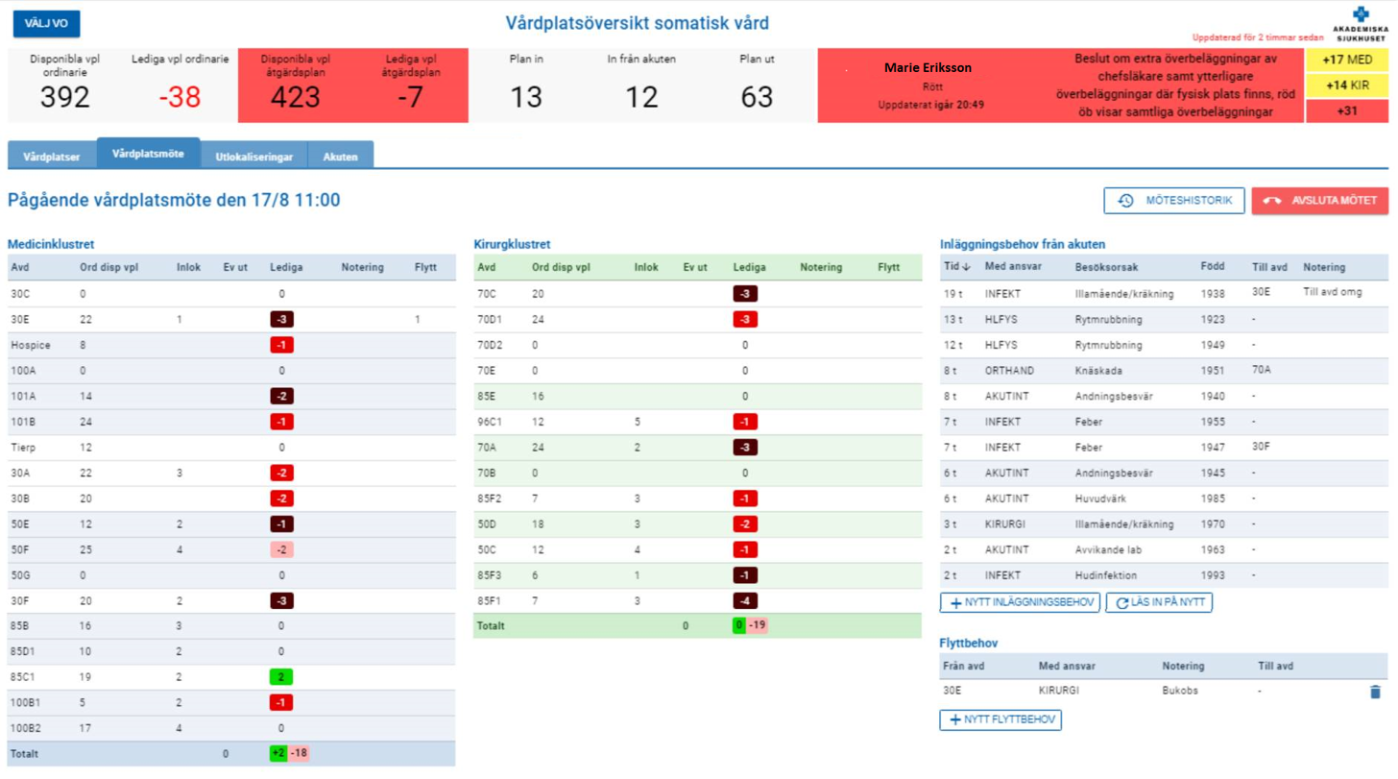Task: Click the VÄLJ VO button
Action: (x=46, y=24)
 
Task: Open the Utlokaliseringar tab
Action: (x=253, y=157)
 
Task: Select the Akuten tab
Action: (x=341, y=157)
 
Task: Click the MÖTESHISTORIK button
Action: (x=1174, y=201)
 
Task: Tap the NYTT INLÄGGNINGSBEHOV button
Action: (x=1019, y=602)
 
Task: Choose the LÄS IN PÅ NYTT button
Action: (x=1159, y=602)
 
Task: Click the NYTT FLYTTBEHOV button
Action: (x=1000, y=719)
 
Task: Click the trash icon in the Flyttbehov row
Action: (x=1375, y=692)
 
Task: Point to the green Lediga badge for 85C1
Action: (x=281, y=676)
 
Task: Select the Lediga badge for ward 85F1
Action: (x=744, y=601)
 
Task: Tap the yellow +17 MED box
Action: (x=1346, y=61)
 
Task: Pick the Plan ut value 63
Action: (x=758, y=97)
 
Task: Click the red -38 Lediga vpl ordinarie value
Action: (x=180, y=97)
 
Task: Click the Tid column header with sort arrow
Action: (x=955, y=267)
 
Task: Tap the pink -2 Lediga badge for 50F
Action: (x=281, y=550)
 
